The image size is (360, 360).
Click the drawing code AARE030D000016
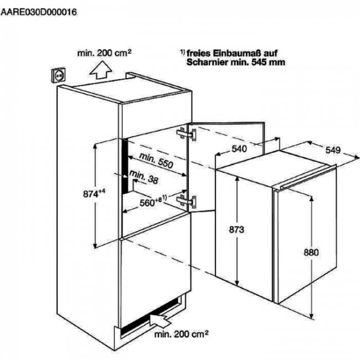click(x=39, y=12)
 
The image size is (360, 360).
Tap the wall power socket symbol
click(x=58, y=75)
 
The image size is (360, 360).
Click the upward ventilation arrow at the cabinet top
click(x=101, y=70)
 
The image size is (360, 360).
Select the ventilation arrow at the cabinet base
click(x=160, y=320)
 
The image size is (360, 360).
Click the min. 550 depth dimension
click(x=156, y=160)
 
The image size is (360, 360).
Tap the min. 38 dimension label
click(x=144, y=177)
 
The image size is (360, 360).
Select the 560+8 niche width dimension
click(x=153, y=201)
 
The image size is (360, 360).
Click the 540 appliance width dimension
click(x=239, y=149)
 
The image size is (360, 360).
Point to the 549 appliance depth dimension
click(x=333, y=150)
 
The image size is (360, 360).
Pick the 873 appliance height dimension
click(x=236, y=230)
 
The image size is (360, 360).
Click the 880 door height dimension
click(x=311, y=253)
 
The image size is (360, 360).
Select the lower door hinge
click(x=187, y=200)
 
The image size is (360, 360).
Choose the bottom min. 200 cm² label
click(x=181, y=334)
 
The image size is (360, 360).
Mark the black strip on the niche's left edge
click(x=125, y=167)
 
